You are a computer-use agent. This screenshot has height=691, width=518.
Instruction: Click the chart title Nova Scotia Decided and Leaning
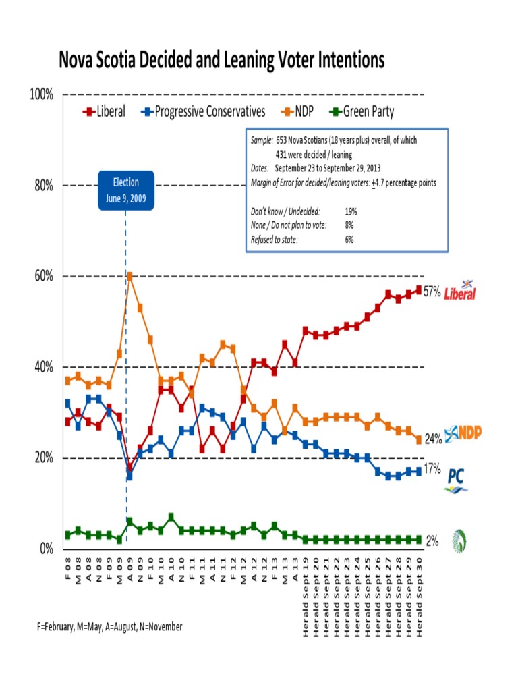click(x=222, y=61)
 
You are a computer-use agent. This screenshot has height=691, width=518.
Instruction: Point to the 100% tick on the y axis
click(x=42, y=94)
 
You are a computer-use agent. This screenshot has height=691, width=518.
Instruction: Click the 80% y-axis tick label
click(x=44, y=186)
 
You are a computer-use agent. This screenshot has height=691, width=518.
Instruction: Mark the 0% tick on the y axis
click(x=46, y=549)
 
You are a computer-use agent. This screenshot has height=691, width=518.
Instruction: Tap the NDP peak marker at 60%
click(x=129, y=276)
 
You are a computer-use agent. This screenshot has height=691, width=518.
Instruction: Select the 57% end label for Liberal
click(x=432, y=292)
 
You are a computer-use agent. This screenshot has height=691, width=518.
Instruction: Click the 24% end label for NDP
click(x=432, y=439)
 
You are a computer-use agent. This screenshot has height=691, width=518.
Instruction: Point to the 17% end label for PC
click(x=432, y=468)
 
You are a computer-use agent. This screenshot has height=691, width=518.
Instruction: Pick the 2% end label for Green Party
click(x=432, y=541)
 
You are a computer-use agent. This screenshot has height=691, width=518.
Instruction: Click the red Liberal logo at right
click(x=460, y=291)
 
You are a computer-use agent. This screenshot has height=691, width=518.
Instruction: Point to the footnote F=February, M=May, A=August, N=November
click(x=110, y=627)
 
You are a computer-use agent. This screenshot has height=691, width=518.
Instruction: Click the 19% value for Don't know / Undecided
click(x=350, y=211)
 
